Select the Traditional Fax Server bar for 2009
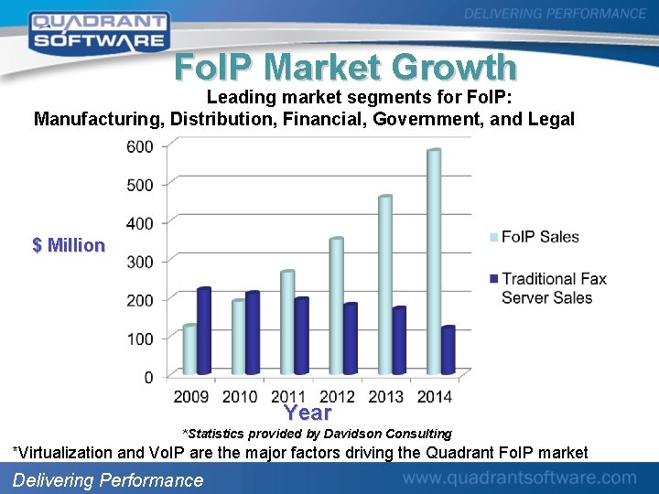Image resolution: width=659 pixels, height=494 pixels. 203,331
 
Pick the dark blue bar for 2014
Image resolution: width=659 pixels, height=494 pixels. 448,350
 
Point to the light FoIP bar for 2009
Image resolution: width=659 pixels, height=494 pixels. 189,350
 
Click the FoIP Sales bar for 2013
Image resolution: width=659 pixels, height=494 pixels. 384,285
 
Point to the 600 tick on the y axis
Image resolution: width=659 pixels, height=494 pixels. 140,146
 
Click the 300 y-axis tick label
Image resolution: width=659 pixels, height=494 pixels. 140,262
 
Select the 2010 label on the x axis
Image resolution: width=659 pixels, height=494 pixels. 240,396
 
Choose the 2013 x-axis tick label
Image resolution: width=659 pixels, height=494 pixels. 385,396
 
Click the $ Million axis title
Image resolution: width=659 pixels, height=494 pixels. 69,245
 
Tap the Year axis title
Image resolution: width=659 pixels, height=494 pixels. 308,413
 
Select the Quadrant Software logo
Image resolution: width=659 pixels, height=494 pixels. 98,30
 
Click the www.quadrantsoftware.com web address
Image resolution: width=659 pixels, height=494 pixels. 519,478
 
